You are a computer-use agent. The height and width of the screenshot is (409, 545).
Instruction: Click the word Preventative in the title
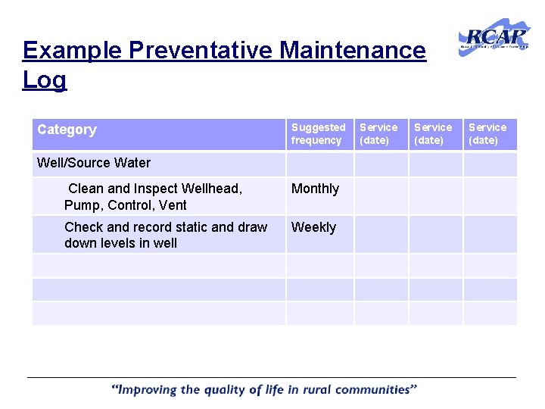[x=201, y=51]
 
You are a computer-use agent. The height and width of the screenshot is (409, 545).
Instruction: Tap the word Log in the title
[x=45, y=80]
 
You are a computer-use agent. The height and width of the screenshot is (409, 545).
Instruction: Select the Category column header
[x=67, y=130]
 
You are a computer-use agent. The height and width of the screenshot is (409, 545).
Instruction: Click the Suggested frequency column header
[x=318, y=134]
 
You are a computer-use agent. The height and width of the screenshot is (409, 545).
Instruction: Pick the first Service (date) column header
[x=378, y=134]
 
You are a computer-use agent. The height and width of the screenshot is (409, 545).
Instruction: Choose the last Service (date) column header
[x=487, y=134]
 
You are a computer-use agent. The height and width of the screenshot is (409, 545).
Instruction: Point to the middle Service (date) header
[x=433, y=134]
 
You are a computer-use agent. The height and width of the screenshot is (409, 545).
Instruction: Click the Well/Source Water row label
[x=94, y=163]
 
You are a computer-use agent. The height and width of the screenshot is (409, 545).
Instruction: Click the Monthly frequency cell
[x=316, y=189]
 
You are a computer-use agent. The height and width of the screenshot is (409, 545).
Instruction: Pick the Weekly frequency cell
[x=313, y=227]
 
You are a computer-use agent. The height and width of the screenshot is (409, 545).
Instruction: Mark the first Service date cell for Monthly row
[x=381, y=196]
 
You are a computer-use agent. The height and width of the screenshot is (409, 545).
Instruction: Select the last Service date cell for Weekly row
[x=490, y=234]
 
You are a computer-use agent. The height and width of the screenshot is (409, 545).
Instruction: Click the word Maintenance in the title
[x=353, y=51]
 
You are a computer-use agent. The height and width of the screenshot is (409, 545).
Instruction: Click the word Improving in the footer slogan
[x=148, y=390]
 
